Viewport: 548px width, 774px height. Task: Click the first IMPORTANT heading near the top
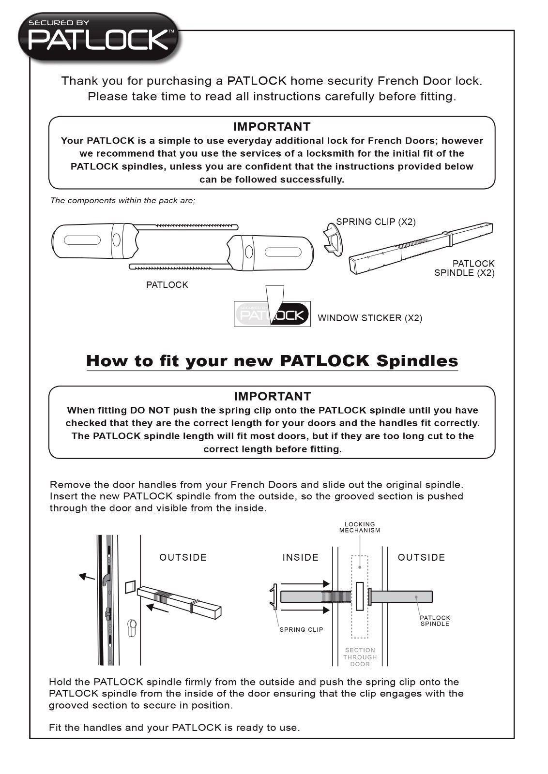coord(272,127)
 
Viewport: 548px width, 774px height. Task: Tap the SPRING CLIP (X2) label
coord(376,222)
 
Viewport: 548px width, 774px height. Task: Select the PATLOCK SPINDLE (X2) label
coord(464,268)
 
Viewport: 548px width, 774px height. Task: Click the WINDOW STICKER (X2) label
coord(370,318)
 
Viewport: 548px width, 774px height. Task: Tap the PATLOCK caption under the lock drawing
coord(167,285)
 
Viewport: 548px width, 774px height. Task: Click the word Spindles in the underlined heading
coord(417,361)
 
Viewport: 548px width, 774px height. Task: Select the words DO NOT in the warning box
coord(150,410)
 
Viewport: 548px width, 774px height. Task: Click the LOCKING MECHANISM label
coord(360,527)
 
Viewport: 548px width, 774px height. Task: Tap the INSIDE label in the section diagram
coord(300,557)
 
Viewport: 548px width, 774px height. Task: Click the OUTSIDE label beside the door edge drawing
coord(183,557)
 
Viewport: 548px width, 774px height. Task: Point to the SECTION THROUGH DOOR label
coord(360,657)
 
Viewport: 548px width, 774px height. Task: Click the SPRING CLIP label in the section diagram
coord(301,629)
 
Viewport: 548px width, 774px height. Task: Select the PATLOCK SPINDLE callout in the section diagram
coord(435,621)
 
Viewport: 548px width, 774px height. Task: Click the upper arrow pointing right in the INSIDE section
coord(305,584)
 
